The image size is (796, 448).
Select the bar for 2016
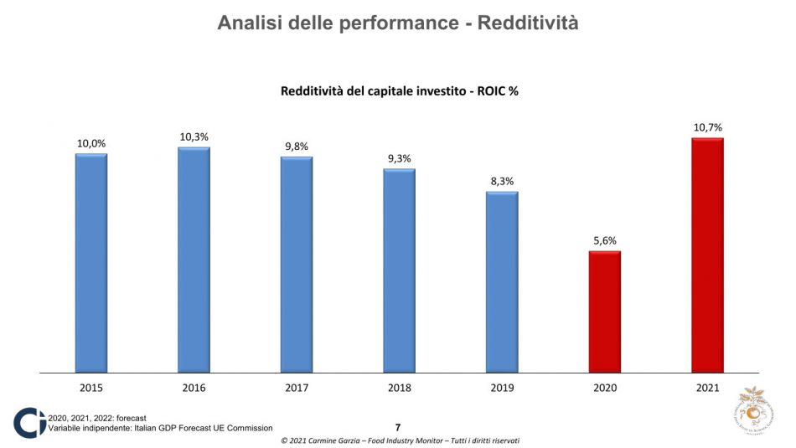click(x=194, y=259)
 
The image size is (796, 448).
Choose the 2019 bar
click(x=502, y=281)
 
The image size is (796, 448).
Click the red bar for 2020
click(x=604, y=311)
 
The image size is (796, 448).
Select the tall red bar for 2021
click(x=707, y=255)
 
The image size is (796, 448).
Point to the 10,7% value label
click(x=707, y=127)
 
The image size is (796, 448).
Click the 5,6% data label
click(x=604, y=240)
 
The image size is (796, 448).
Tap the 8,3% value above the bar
click(x=502, y=181)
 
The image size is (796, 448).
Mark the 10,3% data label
click(x=194, y=136)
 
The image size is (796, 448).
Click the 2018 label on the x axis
click(x=399, y=387)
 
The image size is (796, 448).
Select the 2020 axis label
click(x=604, y=387)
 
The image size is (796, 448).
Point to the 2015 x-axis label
click(x=91, y=387)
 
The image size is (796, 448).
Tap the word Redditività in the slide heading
click(x=527, y=23)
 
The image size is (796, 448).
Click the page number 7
click(x=398, y=427)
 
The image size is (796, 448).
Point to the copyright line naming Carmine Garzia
click(x=399, y=440)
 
